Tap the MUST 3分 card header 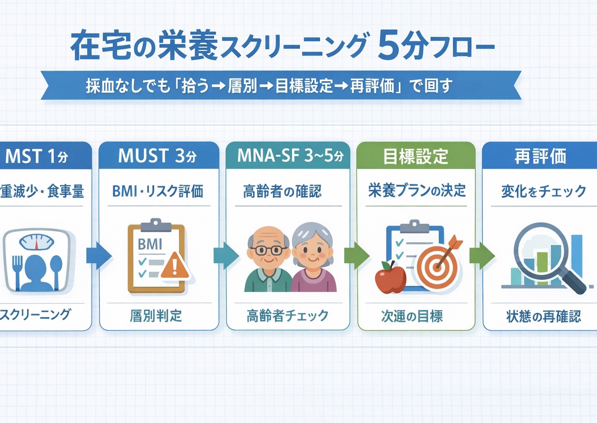pos(158,156)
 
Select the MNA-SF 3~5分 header pos(290,156)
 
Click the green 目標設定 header pos(415,156)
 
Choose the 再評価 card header pos(539,156)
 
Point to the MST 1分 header pos(37,156)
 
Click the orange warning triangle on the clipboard pos(175,266)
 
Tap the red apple pos(390,278)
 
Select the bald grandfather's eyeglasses pos(269,250)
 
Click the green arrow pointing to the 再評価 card pos(482,256)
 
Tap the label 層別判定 pos(156,316)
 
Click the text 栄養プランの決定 pos(416,191)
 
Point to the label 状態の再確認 pos(543,317)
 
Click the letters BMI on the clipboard pos(150,244)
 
